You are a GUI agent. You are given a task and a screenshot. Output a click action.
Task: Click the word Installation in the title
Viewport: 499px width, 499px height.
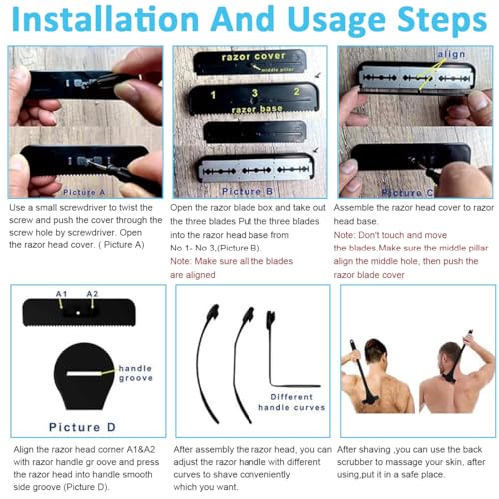click(105, 19)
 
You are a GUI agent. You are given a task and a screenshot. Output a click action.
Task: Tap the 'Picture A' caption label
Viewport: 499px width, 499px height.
click(84, 192)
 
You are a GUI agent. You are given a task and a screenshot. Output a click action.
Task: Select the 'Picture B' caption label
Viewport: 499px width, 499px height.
click(248, 191)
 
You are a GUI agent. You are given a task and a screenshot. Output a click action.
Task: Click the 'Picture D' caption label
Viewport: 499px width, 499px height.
click(82, 427)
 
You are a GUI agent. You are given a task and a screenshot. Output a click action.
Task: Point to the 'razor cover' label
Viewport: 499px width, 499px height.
click(253, 57)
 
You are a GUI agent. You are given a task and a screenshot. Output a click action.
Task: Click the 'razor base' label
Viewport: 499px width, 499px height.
click(256, 109)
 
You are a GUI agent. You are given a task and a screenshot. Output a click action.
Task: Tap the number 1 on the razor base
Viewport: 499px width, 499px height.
click(213, 95)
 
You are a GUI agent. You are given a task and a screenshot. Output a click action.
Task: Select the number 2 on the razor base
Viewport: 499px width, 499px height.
click(296, 92)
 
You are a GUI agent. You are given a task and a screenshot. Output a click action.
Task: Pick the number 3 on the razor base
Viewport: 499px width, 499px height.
click(255, 93)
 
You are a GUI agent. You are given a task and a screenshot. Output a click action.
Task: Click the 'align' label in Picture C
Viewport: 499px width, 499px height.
click(451, 54)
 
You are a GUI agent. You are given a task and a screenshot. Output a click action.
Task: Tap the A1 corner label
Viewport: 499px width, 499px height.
click(61, 294)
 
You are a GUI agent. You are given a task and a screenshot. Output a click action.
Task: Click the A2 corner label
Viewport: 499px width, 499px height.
click(92, 294)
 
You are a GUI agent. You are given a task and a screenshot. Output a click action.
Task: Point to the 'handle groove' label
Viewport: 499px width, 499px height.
click(136, 373)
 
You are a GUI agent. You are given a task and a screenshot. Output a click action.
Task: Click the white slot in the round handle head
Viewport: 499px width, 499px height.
click(84, 374)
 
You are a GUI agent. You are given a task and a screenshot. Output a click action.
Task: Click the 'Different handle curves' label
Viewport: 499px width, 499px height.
click(292, 402)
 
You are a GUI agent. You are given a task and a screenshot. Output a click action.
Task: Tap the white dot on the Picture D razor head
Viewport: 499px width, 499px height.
click(78, 313)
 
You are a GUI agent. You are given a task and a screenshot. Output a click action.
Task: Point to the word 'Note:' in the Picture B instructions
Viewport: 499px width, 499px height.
click(181, 261)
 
